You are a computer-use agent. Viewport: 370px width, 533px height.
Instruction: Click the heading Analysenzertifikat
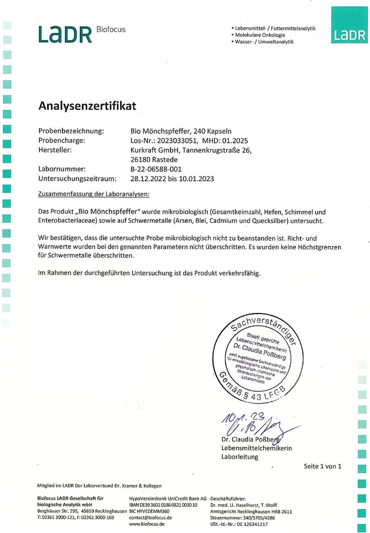(87, 106)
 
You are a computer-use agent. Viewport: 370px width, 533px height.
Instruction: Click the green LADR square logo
(349, 25)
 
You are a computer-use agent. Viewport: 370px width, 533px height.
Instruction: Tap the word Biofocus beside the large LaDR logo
(111, 30)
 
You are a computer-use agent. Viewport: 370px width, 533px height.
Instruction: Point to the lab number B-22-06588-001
(156, 169)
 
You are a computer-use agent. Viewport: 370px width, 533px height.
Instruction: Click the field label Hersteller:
(55, 150)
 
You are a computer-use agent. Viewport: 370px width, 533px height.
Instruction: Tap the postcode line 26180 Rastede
(154, 159)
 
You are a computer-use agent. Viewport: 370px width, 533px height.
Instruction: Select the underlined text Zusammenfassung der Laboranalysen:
(94, 194)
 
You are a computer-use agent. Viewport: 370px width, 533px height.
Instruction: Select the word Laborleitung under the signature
(239, 457)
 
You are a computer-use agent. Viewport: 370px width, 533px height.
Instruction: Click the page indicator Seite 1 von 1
(322, 466)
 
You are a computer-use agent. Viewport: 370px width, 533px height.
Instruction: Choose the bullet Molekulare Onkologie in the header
(260, 35)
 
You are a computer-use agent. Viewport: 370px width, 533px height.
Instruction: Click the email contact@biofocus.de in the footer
(150, 518)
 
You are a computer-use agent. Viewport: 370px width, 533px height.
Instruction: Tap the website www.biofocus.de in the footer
(147, 524)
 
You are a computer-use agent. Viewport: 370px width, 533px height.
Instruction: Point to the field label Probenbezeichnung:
(71, 131)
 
